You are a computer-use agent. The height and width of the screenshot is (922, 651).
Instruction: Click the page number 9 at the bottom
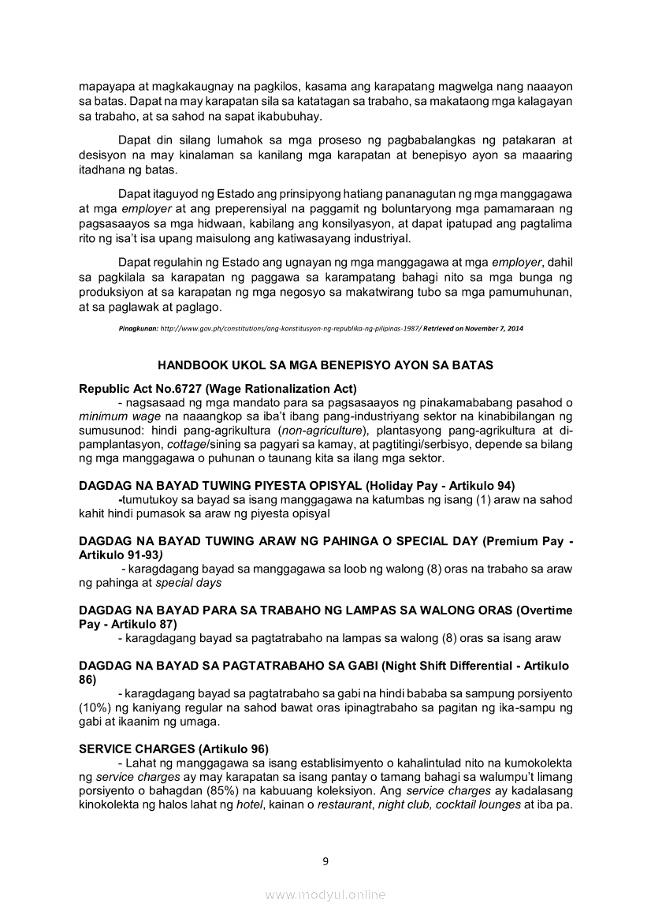click(325, 860)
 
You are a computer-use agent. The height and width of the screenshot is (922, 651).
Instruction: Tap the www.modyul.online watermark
click(325, 894)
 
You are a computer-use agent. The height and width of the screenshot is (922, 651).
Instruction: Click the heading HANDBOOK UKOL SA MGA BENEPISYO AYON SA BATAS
click(325, 366)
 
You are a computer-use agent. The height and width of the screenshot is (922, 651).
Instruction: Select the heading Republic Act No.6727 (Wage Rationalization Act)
click(218, 388)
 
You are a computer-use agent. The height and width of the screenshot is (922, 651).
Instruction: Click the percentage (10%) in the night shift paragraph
click(96, 707)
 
